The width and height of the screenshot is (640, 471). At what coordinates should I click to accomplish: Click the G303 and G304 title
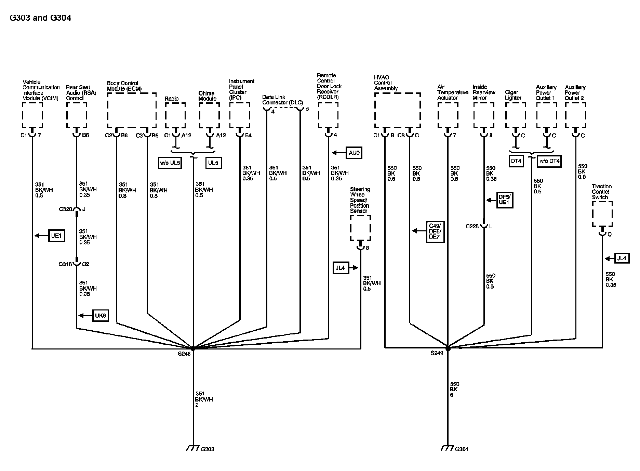tap(40, 18)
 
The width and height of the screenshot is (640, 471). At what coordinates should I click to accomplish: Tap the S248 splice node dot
tap(193, 348)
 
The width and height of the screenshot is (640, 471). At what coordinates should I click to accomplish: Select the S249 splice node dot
tap(448, 348)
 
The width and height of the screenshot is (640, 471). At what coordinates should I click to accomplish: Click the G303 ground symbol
tap(193, 448)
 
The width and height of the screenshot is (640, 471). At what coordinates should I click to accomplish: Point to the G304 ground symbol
tap(446, 448)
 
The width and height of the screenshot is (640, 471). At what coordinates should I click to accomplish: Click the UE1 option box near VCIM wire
tap(56, 235)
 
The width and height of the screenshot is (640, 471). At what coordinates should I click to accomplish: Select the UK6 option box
tap(101, 316)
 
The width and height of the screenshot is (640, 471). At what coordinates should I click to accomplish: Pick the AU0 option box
tap(354, 153)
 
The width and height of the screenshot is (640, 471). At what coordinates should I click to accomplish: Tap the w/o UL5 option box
tap(170, 163)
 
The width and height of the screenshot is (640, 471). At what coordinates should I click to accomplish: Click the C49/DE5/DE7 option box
tap(435, 232)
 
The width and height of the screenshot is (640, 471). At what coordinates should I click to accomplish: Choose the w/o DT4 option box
tap(549, 161)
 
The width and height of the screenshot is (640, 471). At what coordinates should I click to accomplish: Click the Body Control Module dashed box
tap(132, 110)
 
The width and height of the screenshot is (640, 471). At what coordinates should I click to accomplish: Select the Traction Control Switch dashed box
tap(602, 214)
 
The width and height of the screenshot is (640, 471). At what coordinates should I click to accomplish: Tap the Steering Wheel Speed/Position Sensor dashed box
tap(360, 228)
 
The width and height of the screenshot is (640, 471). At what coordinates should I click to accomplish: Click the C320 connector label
tap(65, 209)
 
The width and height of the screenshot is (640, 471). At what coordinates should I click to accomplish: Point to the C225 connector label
tap(472, 226)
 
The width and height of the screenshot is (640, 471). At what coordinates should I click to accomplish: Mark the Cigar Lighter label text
tap(513, 95)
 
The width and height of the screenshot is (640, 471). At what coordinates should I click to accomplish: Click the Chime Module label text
tap(208, 96)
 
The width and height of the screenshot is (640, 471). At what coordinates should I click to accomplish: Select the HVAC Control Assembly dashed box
tap(397, 110)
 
